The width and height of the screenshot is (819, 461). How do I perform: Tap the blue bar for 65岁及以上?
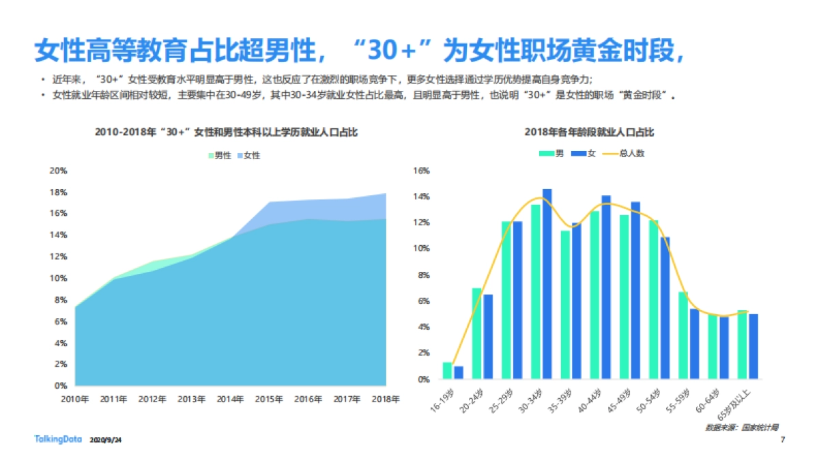(753, 346)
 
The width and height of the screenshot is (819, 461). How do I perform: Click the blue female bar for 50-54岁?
(665, 308)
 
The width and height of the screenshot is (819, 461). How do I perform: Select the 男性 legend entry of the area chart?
(220, 156)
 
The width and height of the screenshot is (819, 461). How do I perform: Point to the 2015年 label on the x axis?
(270, 400)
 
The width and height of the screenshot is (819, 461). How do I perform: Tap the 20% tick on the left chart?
(59, 171)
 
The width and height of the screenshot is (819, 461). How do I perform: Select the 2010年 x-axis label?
(75, 400)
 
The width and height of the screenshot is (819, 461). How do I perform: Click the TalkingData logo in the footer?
(59, 439)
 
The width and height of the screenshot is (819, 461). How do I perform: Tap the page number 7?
(782, 439)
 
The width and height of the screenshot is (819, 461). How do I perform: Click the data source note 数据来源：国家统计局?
(742, 427)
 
